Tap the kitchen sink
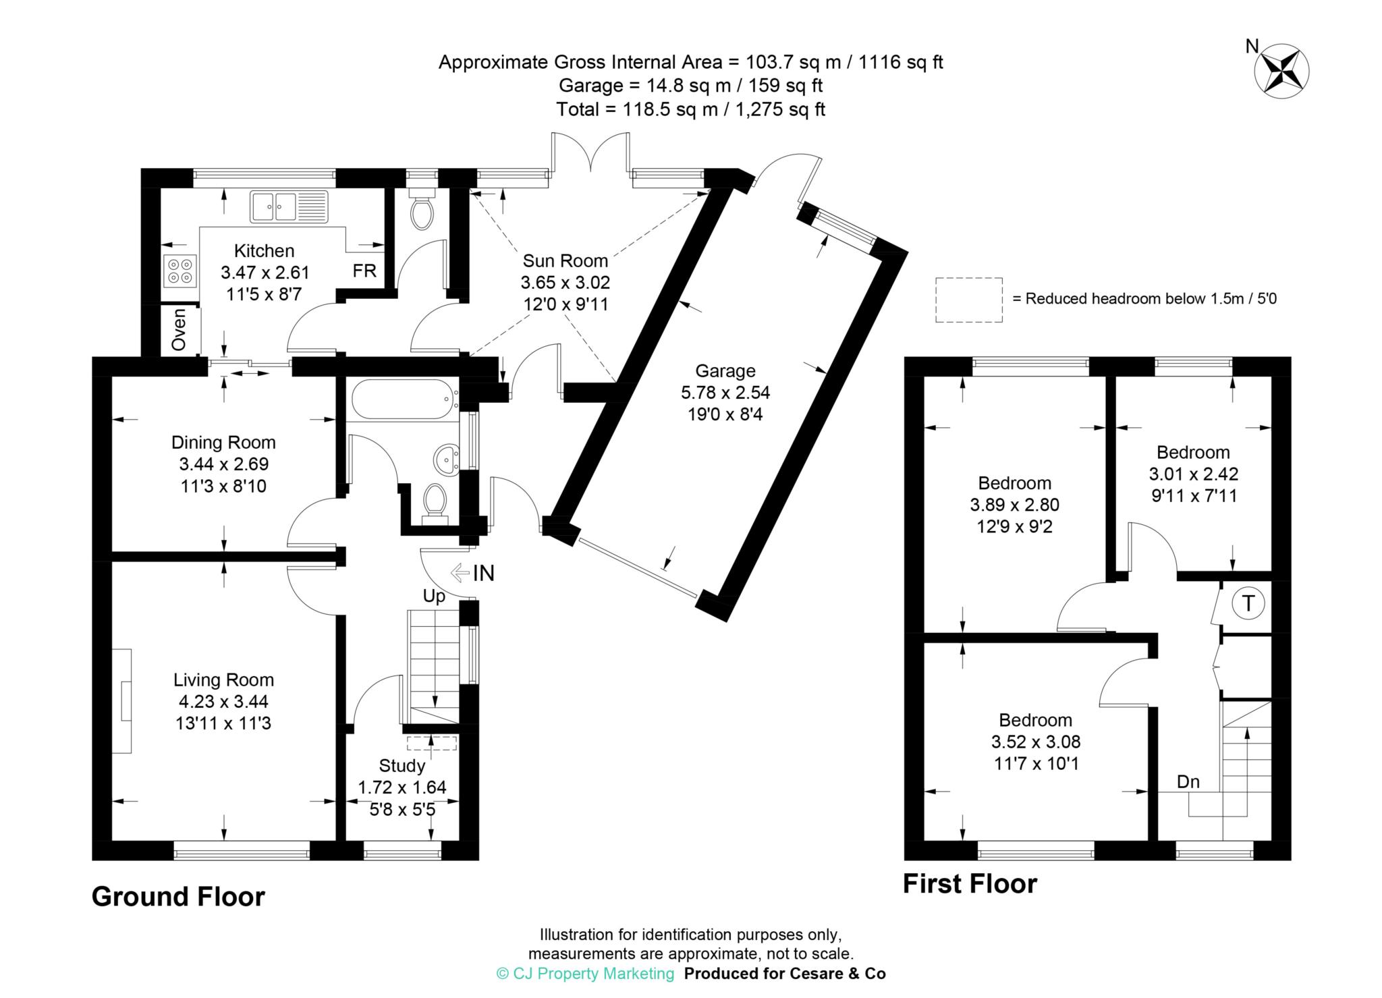pos(288,206)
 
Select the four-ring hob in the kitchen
pos(179,271)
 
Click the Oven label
pos(179,329)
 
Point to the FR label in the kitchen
pos(364,271)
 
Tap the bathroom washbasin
pos(445,459)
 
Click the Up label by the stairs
pos(434,597)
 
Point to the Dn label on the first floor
pos(1188,781)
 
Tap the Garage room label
pos(725,370)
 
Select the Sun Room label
pos(565,260)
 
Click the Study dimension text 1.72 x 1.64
pos(402,787)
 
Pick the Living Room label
pos(224,680)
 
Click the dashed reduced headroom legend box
pos(969,300)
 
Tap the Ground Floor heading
pos(178,897)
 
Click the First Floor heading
pos(970,883)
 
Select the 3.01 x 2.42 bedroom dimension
pos(1194,474)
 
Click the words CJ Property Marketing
pos(593,974)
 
